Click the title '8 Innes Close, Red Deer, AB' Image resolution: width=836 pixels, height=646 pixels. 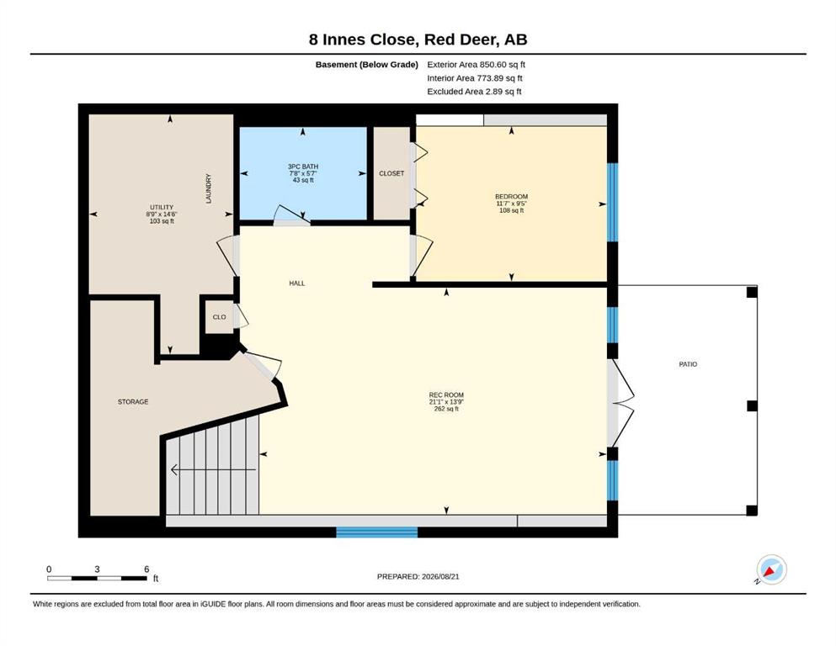point(418,40)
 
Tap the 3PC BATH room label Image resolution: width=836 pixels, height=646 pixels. point(303,167)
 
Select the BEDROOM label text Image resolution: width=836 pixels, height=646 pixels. point(511,197)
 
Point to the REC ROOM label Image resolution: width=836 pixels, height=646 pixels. point(446,395)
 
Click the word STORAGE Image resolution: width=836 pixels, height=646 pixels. point(133,401)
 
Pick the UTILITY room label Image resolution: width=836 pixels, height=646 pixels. point(162,207)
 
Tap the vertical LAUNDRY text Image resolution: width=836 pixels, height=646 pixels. point(209,188)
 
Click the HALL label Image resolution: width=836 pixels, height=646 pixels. point(297,283)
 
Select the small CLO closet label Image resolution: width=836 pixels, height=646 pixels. point(219,317)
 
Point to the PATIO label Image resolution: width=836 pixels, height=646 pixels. point(688,364)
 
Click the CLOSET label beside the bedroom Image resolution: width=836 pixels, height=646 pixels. point(391,173)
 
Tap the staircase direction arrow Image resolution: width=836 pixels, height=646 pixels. point(213,469)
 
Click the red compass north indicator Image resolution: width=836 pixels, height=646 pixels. point(769,572)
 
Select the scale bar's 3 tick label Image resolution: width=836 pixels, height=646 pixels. point(97,569)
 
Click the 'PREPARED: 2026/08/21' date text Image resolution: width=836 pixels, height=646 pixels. point(418,576)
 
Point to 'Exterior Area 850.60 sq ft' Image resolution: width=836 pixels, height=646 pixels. point(477,65)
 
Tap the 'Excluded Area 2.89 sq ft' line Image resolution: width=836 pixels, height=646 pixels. point(474,92)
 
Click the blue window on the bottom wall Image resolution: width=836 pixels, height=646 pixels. point(376,532)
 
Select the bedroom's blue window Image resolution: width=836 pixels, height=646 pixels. point(613,203)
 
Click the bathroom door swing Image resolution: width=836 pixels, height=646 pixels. point(291,214)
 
